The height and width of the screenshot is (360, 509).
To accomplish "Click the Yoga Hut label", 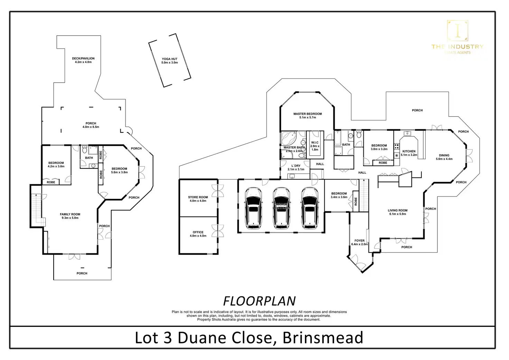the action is [169, 61].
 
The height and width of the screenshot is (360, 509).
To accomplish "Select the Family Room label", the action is [70, 216].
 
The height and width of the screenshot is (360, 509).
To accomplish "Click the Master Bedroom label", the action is [307, 116].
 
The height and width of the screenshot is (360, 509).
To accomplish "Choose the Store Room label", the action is [198, 199].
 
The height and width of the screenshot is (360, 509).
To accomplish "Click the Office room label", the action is [198, 234].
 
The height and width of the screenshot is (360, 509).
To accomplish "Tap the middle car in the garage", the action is [281, 208].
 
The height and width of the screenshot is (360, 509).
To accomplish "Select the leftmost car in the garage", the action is [253, 208].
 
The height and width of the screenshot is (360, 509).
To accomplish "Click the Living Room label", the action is [397, 212].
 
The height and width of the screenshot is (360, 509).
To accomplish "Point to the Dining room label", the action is [444, 157].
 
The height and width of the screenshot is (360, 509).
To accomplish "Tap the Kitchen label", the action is [409, 153].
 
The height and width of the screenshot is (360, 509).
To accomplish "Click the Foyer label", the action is [359, 242].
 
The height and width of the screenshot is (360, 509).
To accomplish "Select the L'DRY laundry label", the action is [296, 167].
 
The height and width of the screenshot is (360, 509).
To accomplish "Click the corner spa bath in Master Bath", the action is [288, 139].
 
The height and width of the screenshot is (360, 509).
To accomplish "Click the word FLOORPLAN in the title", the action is [259, 301].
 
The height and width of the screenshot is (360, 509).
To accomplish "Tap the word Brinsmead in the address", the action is [323, 338].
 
